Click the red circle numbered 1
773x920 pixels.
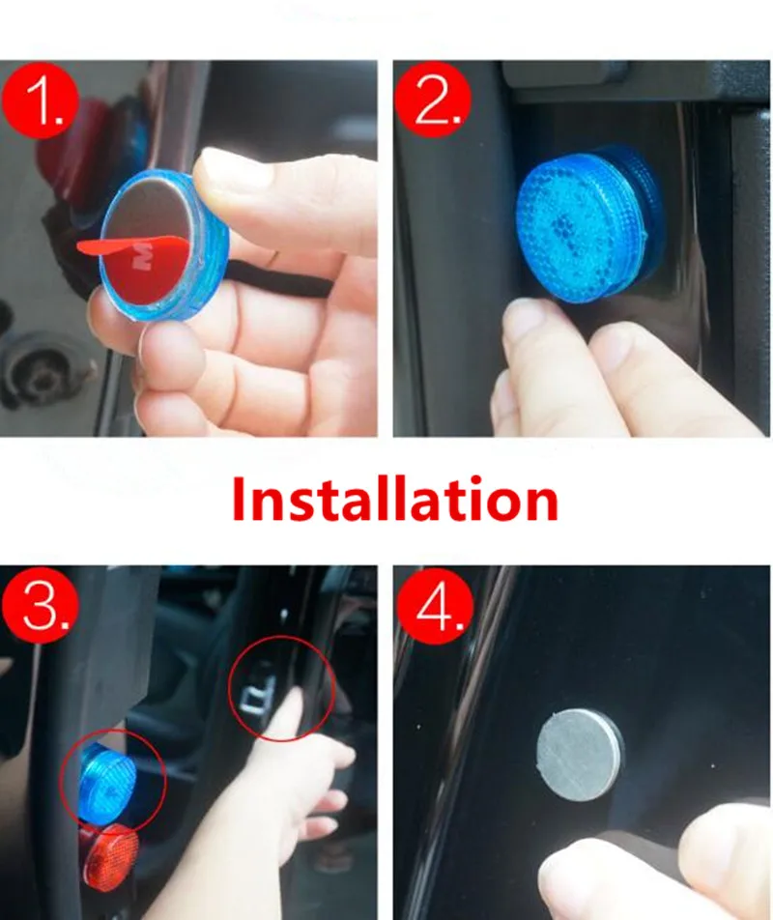pyautogui.click(x=40, y=101)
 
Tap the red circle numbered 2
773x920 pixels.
pyautogui.click(x=433, y=100)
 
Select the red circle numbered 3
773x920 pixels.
pyautogui.click(x=40, y=606)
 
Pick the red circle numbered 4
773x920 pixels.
pyautogui.click(x=435, y=606)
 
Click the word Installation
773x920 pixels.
pyautogui.click(x=394, y=500)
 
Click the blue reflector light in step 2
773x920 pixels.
pyautogui.click(x=587, y=223)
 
